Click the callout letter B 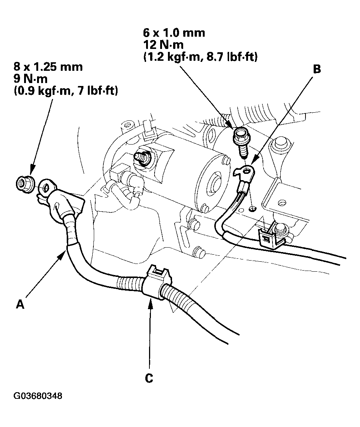[317, 69]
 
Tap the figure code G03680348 [38, 396]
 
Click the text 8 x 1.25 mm [48, 67]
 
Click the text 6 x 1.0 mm [174, 33]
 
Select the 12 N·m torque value [162, 45]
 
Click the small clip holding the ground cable [270, 236]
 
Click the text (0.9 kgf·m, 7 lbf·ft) [66, 91]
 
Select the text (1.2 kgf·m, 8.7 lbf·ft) [200, 57]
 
